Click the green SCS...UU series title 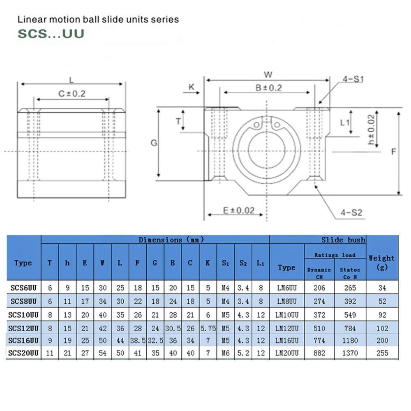pos(51,34)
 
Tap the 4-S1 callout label pos(353,79)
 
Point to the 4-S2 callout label pos(351,212)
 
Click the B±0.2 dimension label pos(269,88)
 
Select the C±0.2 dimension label pos(72,94)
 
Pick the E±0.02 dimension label pos(238,210)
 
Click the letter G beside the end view pos(154,143)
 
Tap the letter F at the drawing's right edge pos(393,152)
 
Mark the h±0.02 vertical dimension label pos(372,130)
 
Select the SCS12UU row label pos(23,328)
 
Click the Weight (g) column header pos(382,263)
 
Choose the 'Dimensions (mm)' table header pos(171,240)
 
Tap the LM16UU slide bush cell pos(287,340)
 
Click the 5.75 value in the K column pos(208,328)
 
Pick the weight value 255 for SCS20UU pos(382,353)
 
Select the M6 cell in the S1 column pos(225,353)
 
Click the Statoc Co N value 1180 pos(350,340)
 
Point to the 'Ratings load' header pos(335,255)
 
